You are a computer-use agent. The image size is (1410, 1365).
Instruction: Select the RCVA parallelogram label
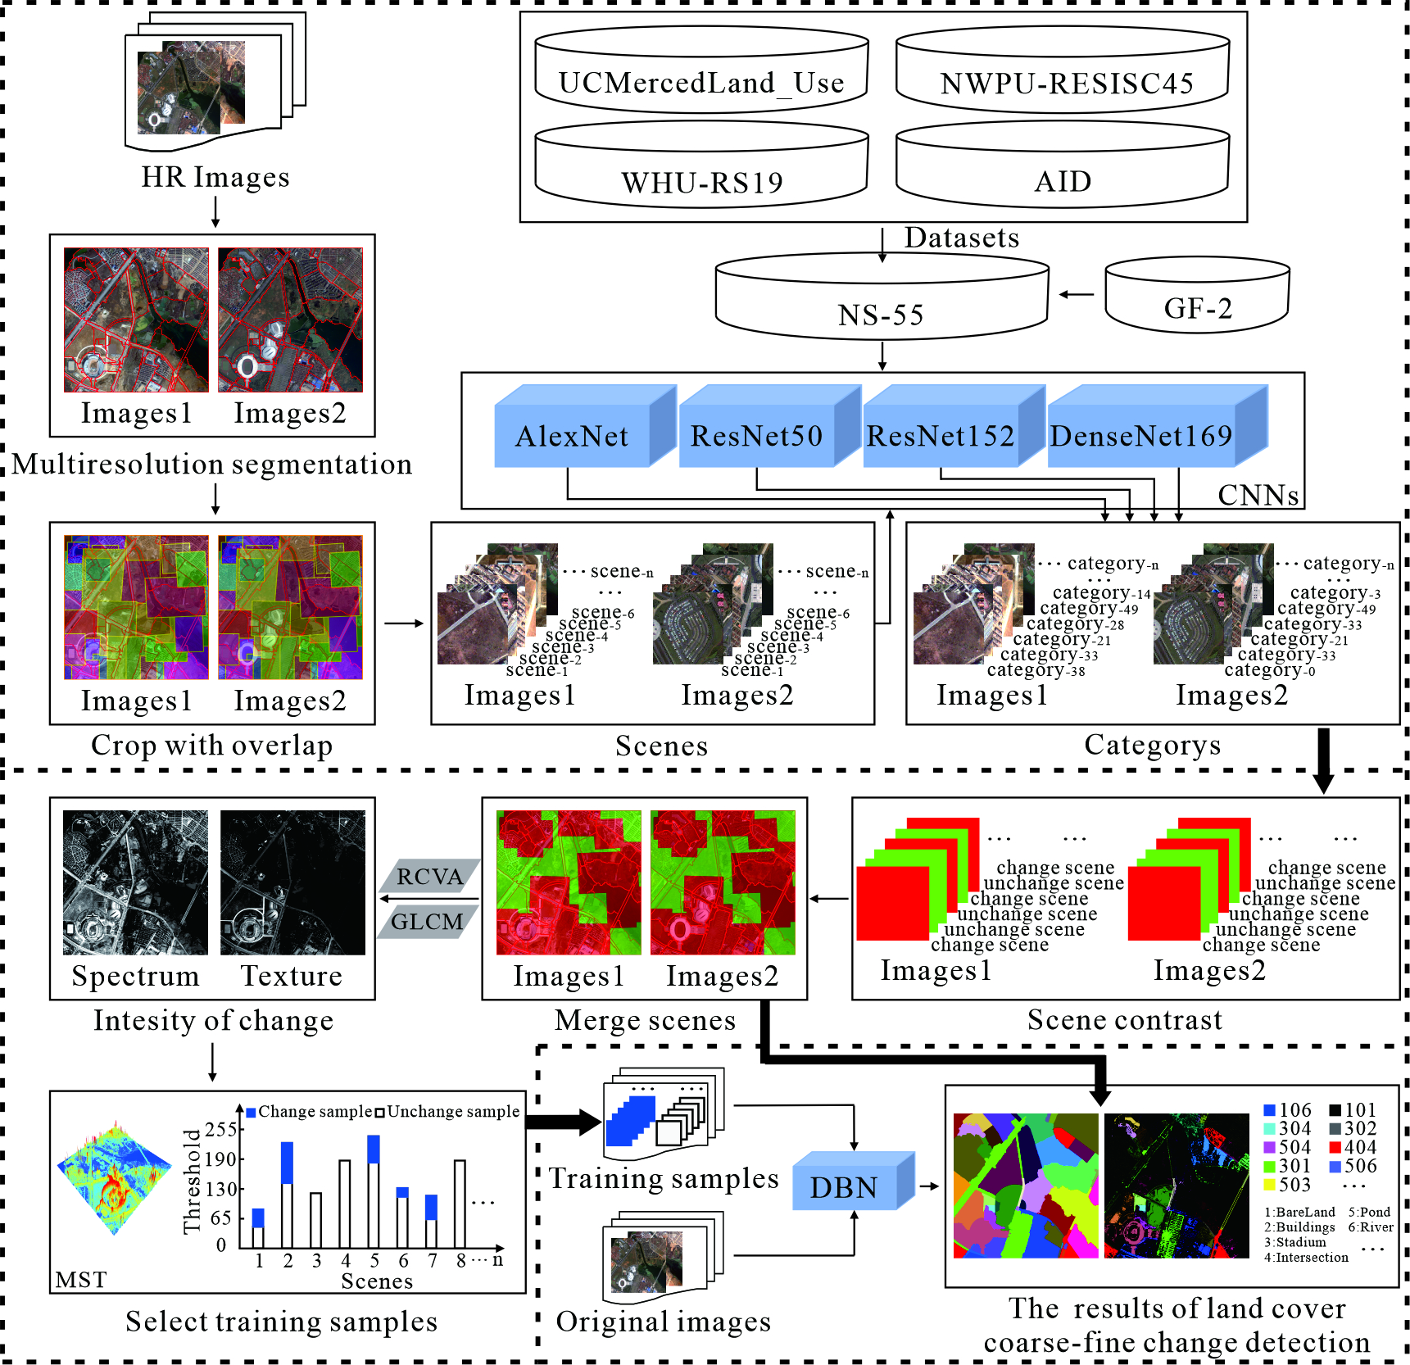[429, 876]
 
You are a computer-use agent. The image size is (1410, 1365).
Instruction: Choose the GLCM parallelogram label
[428, 922]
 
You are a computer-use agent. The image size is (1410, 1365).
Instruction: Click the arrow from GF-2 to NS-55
[1077, 295]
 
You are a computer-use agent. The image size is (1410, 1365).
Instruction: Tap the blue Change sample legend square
[252, 1112]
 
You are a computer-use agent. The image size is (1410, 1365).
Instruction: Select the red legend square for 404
[1335, 1147]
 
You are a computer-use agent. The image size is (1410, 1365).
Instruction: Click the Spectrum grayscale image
[136, 882]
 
